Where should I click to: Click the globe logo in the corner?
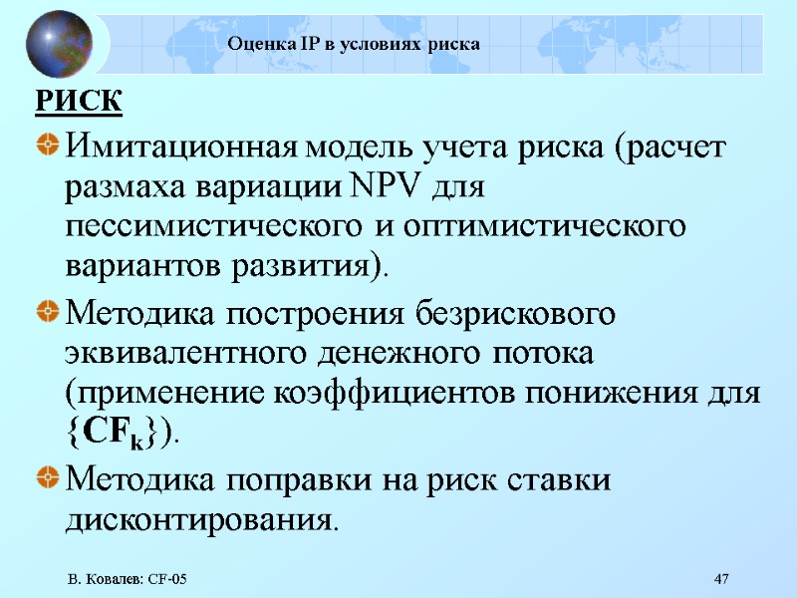click(x=59, y=44)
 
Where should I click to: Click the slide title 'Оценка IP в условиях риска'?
click(x=354, y=44)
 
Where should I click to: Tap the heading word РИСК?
click(x=79, y=102)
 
